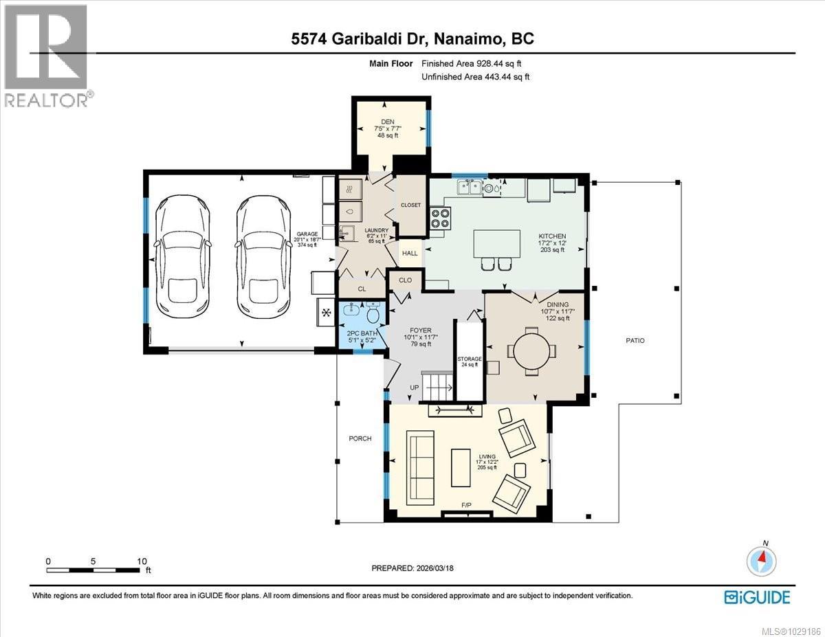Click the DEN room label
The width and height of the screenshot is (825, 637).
pyautogui.click(x=387, y=122)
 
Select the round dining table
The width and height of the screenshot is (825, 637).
pyautogui.click(x=533, y=350)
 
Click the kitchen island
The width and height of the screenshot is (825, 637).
pyautogui.click(x=496, y=243)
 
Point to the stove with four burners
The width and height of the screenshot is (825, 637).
pyautogui.click(x=440, y=218)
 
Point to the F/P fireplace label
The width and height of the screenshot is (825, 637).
pyautogui.click(x=467, y=506)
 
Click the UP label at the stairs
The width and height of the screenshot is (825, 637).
pyautogui.click(x=415, y=388)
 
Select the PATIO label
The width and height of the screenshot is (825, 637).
pyautogui.click(x=635, y=341)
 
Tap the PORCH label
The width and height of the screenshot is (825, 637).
pyautogui.click(x=360, y=438)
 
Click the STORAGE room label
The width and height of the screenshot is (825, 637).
pyautogui.click(x=470, y=359)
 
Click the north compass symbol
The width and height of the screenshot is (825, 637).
pyautogui.click(x=762, y=560)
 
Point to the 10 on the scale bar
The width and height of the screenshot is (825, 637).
pyautogui.click(x=142, y=561)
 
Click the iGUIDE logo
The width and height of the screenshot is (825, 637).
pyautogui.click(x=757, y=596)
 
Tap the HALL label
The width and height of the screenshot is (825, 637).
pyautogui.click(x=410, y=253)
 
